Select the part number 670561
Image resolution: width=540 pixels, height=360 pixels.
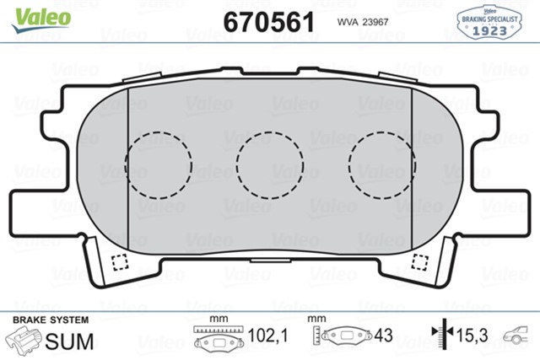click(x=270, y=20)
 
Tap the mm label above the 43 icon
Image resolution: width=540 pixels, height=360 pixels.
click(x=317, y=320)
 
